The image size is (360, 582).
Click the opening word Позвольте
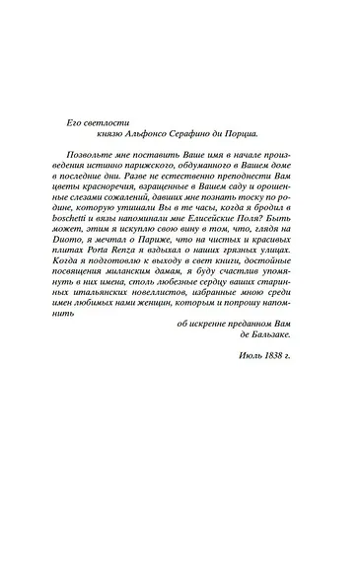click(92, 158)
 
